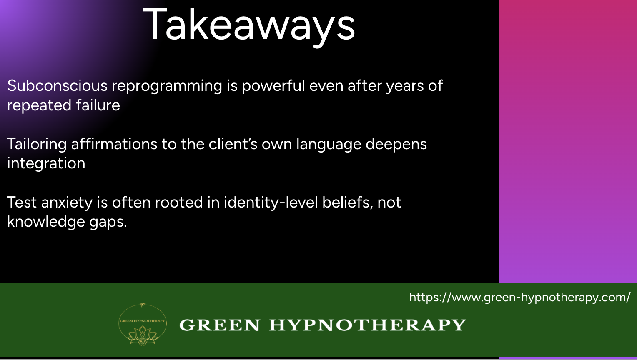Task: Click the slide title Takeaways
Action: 249,25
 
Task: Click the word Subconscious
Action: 57,85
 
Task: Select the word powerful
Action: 273,86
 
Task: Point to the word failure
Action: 98,105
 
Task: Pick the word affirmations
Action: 114,144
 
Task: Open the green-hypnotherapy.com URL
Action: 520,297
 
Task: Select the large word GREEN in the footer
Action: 220,325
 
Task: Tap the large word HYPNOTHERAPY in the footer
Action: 367,325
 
